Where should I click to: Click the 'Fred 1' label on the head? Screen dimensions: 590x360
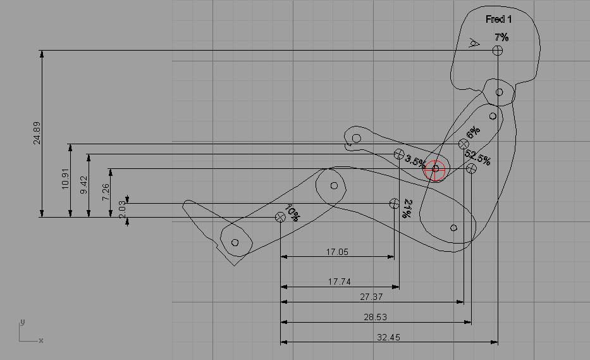[498, 19]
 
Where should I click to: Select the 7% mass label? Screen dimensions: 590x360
[501, 37]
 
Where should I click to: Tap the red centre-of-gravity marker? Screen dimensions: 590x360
[435, 170]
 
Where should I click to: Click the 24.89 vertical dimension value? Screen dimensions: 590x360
[37, 133]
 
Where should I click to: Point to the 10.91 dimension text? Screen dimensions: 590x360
[65, 178]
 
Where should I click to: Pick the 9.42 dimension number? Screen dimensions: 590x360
[83, 185]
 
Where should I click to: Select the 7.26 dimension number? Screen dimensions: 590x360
[106, 192]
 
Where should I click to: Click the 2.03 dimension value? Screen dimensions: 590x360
[122, 209]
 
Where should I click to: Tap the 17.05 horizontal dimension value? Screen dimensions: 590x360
[337, 252]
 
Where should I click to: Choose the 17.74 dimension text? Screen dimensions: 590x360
[339, 282]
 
